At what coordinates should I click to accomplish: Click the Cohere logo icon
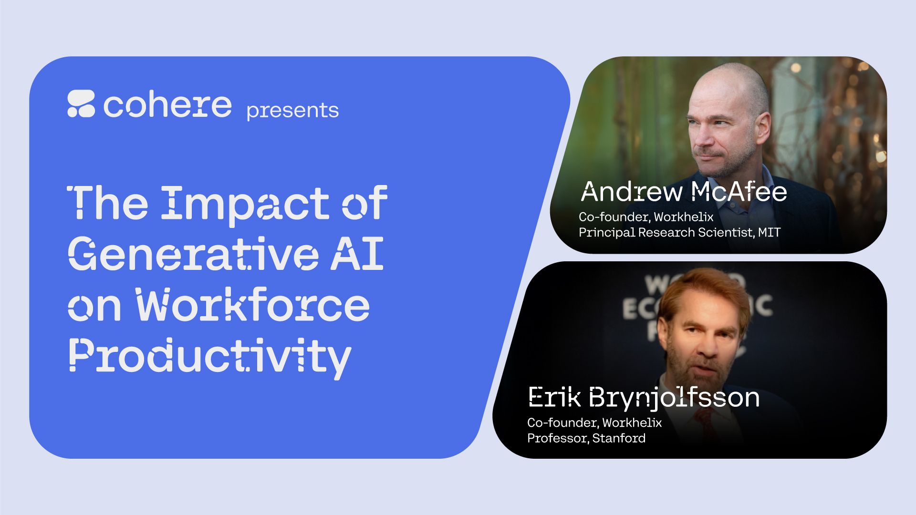pos(81,103)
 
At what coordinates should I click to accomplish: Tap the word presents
pos(292,111)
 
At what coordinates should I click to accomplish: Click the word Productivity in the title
pos(210,358)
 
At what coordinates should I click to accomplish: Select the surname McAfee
pos(739,192)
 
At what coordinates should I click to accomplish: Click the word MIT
pos(770,232)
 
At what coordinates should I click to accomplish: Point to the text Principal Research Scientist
pos(666,233)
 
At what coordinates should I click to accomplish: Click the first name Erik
pos(554,397)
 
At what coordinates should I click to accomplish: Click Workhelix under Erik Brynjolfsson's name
pos(632,422)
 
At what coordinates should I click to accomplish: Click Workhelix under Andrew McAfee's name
pos(684,217)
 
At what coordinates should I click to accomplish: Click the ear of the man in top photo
pos(761,129)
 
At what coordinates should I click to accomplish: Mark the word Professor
pos(558,438)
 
